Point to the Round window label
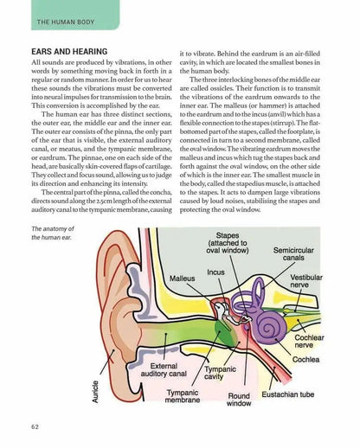pos(238,399)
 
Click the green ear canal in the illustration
pos(164,342)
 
